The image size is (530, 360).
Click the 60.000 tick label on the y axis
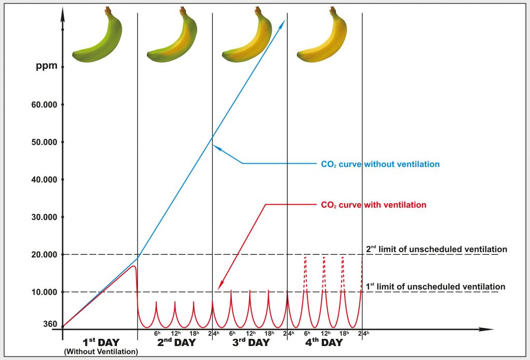(x=43, y=105)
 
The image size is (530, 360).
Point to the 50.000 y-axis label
(x=43, y=142)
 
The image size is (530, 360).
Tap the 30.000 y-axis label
(x=43, y=217)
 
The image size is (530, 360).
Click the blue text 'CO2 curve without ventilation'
(x=380, y=164)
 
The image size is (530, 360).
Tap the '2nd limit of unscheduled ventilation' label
(x=436, y=249)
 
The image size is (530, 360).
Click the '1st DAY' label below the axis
(x=101, y=342)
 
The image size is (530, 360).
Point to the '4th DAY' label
(x=323, y=342)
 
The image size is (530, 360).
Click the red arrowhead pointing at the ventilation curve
(x=219, y=286)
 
